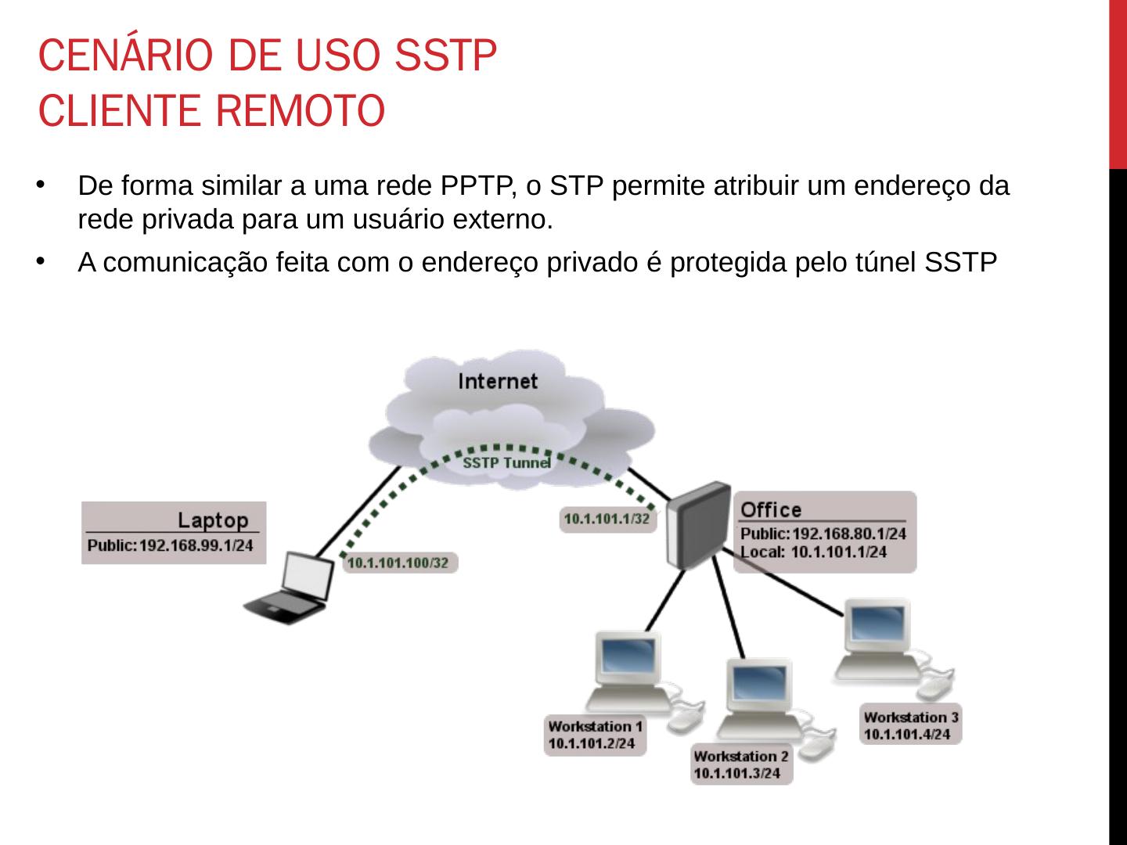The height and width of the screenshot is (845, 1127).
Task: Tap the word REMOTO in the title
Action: pos(300,111)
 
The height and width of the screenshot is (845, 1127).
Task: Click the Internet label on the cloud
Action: pos(498,381)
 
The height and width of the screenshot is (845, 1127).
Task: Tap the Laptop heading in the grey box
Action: pos(212,520)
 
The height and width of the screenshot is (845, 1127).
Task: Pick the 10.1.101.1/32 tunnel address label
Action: pos(607,519)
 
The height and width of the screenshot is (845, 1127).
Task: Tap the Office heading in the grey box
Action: pos(771,510)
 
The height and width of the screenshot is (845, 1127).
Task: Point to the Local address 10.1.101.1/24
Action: pos(838,552)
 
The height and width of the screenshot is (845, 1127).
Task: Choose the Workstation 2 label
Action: pos(740,757)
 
